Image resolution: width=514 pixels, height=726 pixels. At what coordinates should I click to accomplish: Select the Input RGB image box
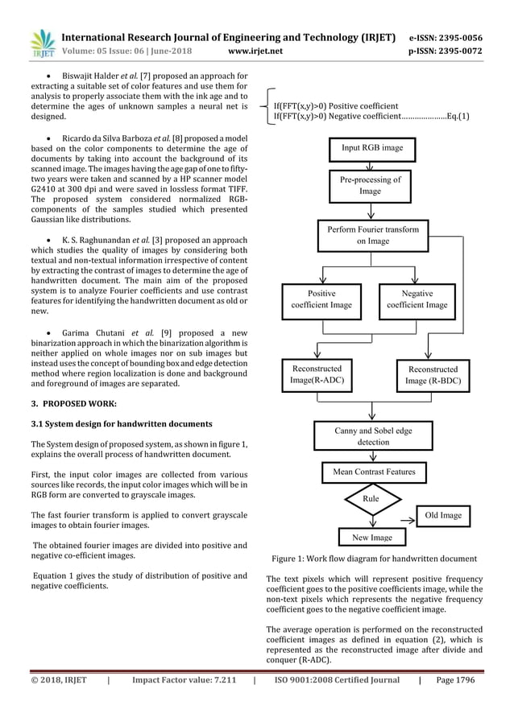tap(371, 148)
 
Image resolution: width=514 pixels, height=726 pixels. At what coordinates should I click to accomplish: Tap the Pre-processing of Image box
tap(370, 186)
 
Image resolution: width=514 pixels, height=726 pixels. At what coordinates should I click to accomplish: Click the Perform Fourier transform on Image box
tap(371, 234)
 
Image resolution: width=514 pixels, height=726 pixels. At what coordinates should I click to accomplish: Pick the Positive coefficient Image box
tap(321, 299)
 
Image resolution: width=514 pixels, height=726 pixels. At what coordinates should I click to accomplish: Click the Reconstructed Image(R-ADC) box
tap(317, 374)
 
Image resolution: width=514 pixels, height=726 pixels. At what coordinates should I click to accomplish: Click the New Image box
tap(371, 537)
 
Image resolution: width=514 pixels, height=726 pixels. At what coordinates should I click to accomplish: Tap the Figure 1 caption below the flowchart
tap(374, 559)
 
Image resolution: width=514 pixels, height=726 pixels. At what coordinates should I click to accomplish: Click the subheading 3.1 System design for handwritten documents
tap(115, 423)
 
